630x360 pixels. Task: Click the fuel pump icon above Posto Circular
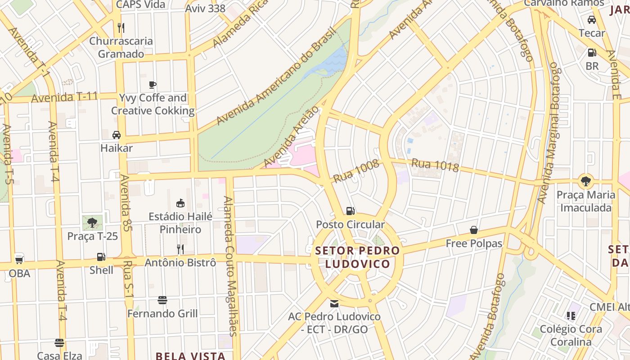pyautogui.click(x=350, y=211)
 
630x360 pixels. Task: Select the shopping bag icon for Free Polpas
pyautogui.click(x=474, y=230)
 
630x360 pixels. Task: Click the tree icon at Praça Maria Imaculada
pyautogui.click(x=585, y=181)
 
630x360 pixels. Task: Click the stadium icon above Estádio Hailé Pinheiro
pyautogui.click(x=180, y=203)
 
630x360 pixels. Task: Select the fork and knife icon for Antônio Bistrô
pyautogui.click(x=180, y=249)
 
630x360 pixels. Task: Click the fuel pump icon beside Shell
pyautogui.click(x=101, y=257)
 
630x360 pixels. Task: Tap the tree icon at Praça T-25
pyautogui.click(x=92, y=222)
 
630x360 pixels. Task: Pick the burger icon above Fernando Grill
pyautogui.click(x=162, y=300)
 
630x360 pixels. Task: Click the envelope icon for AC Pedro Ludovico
pyautogui.click(x=334, y=303)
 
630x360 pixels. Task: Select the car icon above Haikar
pyautogui.click(x=117, y=135)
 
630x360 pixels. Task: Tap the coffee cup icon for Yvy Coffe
pyautogui.click(x=153, y=85)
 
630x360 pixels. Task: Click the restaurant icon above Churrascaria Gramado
pyautogui.click(x=121, y=28)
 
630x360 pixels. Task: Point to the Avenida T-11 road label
pyautogui.click(x=65, y=97)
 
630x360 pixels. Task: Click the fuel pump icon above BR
pyautogui.click(x=592, y=53)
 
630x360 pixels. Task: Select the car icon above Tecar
pyautogui.click(x=592, y=20)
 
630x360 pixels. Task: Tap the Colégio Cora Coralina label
pyautogui.click(x=571, y=335)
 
